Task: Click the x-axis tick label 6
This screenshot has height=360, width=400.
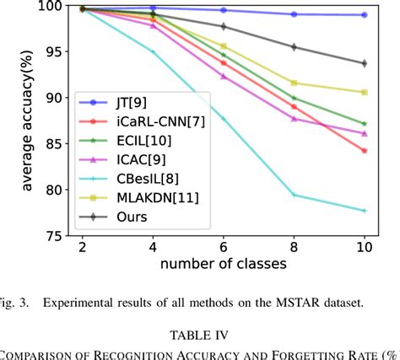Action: [x=223, y=250]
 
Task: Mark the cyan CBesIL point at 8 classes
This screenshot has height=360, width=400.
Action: [x=294, y=195]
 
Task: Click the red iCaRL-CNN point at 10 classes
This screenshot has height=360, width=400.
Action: [x=364, y=150]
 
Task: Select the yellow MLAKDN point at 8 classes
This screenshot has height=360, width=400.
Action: [x=294, y=83]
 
